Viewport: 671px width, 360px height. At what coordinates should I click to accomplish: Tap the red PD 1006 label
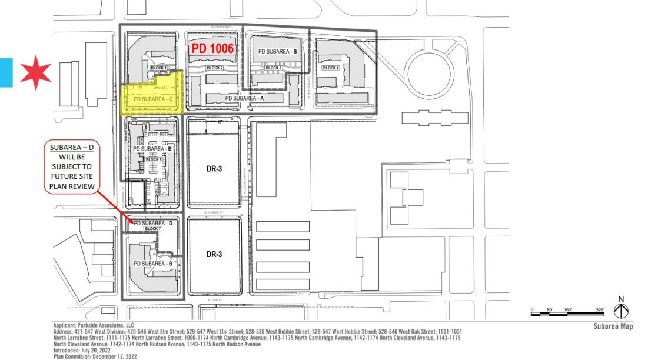click(x=212, y=49)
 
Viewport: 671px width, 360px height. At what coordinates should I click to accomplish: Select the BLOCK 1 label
click(x=159, y=68)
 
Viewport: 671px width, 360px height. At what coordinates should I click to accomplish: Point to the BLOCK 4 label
click(x=331, y=68)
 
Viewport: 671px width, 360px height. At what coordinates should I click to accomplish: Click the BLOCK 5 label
click(x=153, y=159)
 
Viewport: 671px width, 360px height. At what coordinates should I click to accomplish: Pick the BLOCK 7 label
click(x=152, y=229)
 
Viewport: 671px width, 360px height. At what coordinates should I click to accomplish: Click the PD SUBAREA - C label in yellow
click(x=152, y=99)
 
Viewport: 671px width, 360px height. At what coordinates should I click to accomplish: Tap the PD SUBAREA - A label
click(x=245, y=98)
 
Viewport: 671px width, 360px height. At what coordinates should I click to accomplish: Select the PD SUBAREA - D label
click(x=152, y=223)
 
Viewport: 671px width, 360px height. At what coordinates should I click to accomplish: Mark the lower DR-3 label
click(x=214, y=255)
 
